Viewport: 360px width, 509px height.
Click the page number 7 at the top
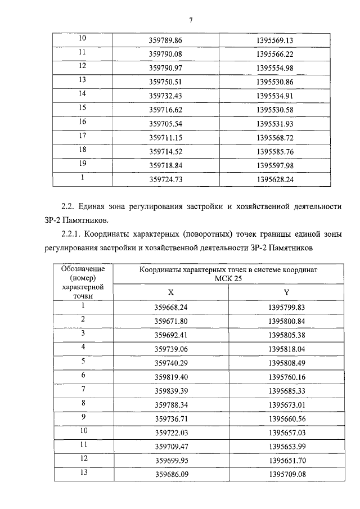(x=191, y=20)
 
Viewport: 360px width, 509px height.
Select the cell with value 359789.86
(x=165, y=40)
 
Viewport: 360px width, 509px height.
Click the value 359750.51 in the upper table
(x=165, y=82)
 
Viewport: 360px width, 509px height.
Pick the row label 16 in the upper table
(x=82, y=121)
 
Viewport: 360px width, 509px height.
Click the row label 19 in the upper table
(x=82, y=163)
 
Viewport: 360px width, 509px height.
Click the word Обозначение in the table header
(x=82, y=269)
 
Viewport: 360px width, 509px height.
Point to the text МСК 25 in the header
(x=228, y=278)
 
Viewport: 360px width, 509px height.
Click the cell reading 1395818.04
(x=285, y=349)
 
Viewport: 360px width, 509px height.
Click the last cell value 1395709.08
(x=285, y=474)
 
